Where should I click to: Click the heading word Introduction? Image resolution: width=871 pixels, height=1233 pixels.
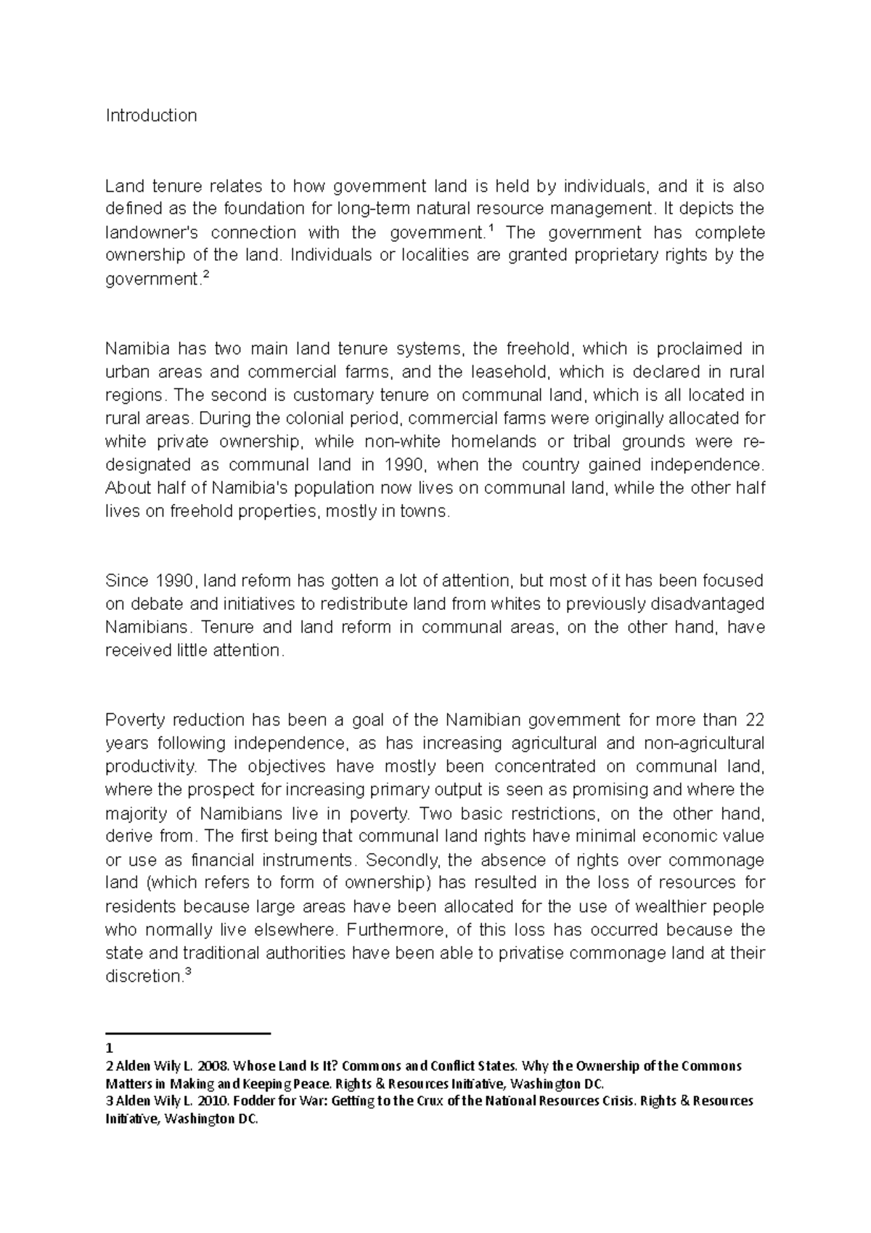click(151, 115)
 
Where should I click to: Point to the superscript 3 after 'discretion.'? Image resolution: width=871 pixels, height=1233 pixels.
click(188, 972)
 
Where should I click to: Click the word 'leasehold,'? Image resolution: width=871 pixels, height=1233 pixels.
click(512, 372)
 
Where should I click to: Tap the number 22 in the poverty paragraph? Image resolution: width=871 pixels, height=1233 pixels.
click(754, 720)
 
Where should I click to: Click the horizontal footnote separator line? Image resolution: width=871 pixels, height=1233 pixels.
click(187, 1033)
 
